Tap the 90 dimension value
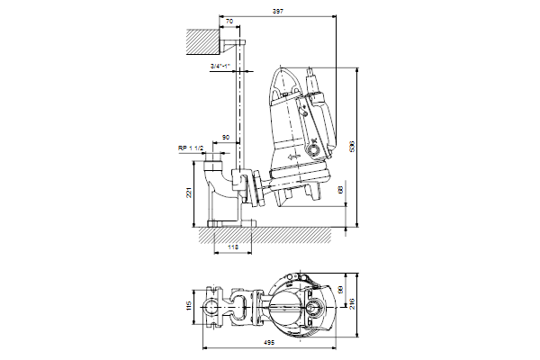click(x=226, y=138)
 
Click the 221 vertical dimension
click(x=189, y=192)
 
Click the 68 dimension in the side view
click(x=340, y=190)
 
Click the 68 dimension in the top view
click(x=340, y=291)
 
